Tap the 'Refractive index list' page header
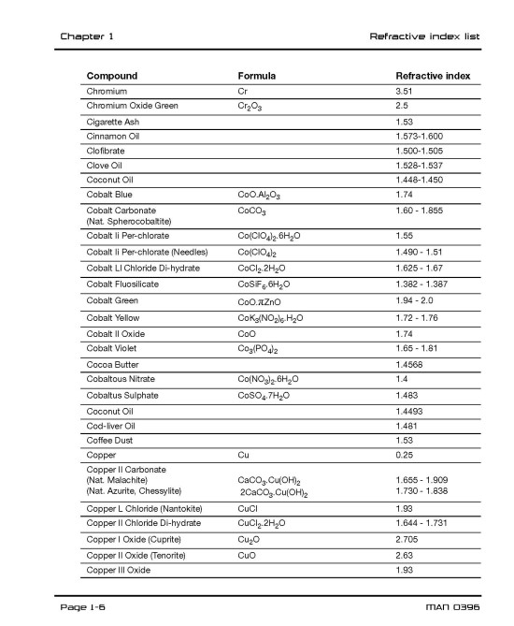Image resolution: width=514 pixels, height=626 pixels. pos(425,36)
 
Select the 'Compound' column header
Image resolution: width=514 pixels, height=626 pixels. pos(112,76)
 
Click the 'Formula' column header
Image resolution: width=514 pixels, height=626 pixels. pos(257,76)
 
